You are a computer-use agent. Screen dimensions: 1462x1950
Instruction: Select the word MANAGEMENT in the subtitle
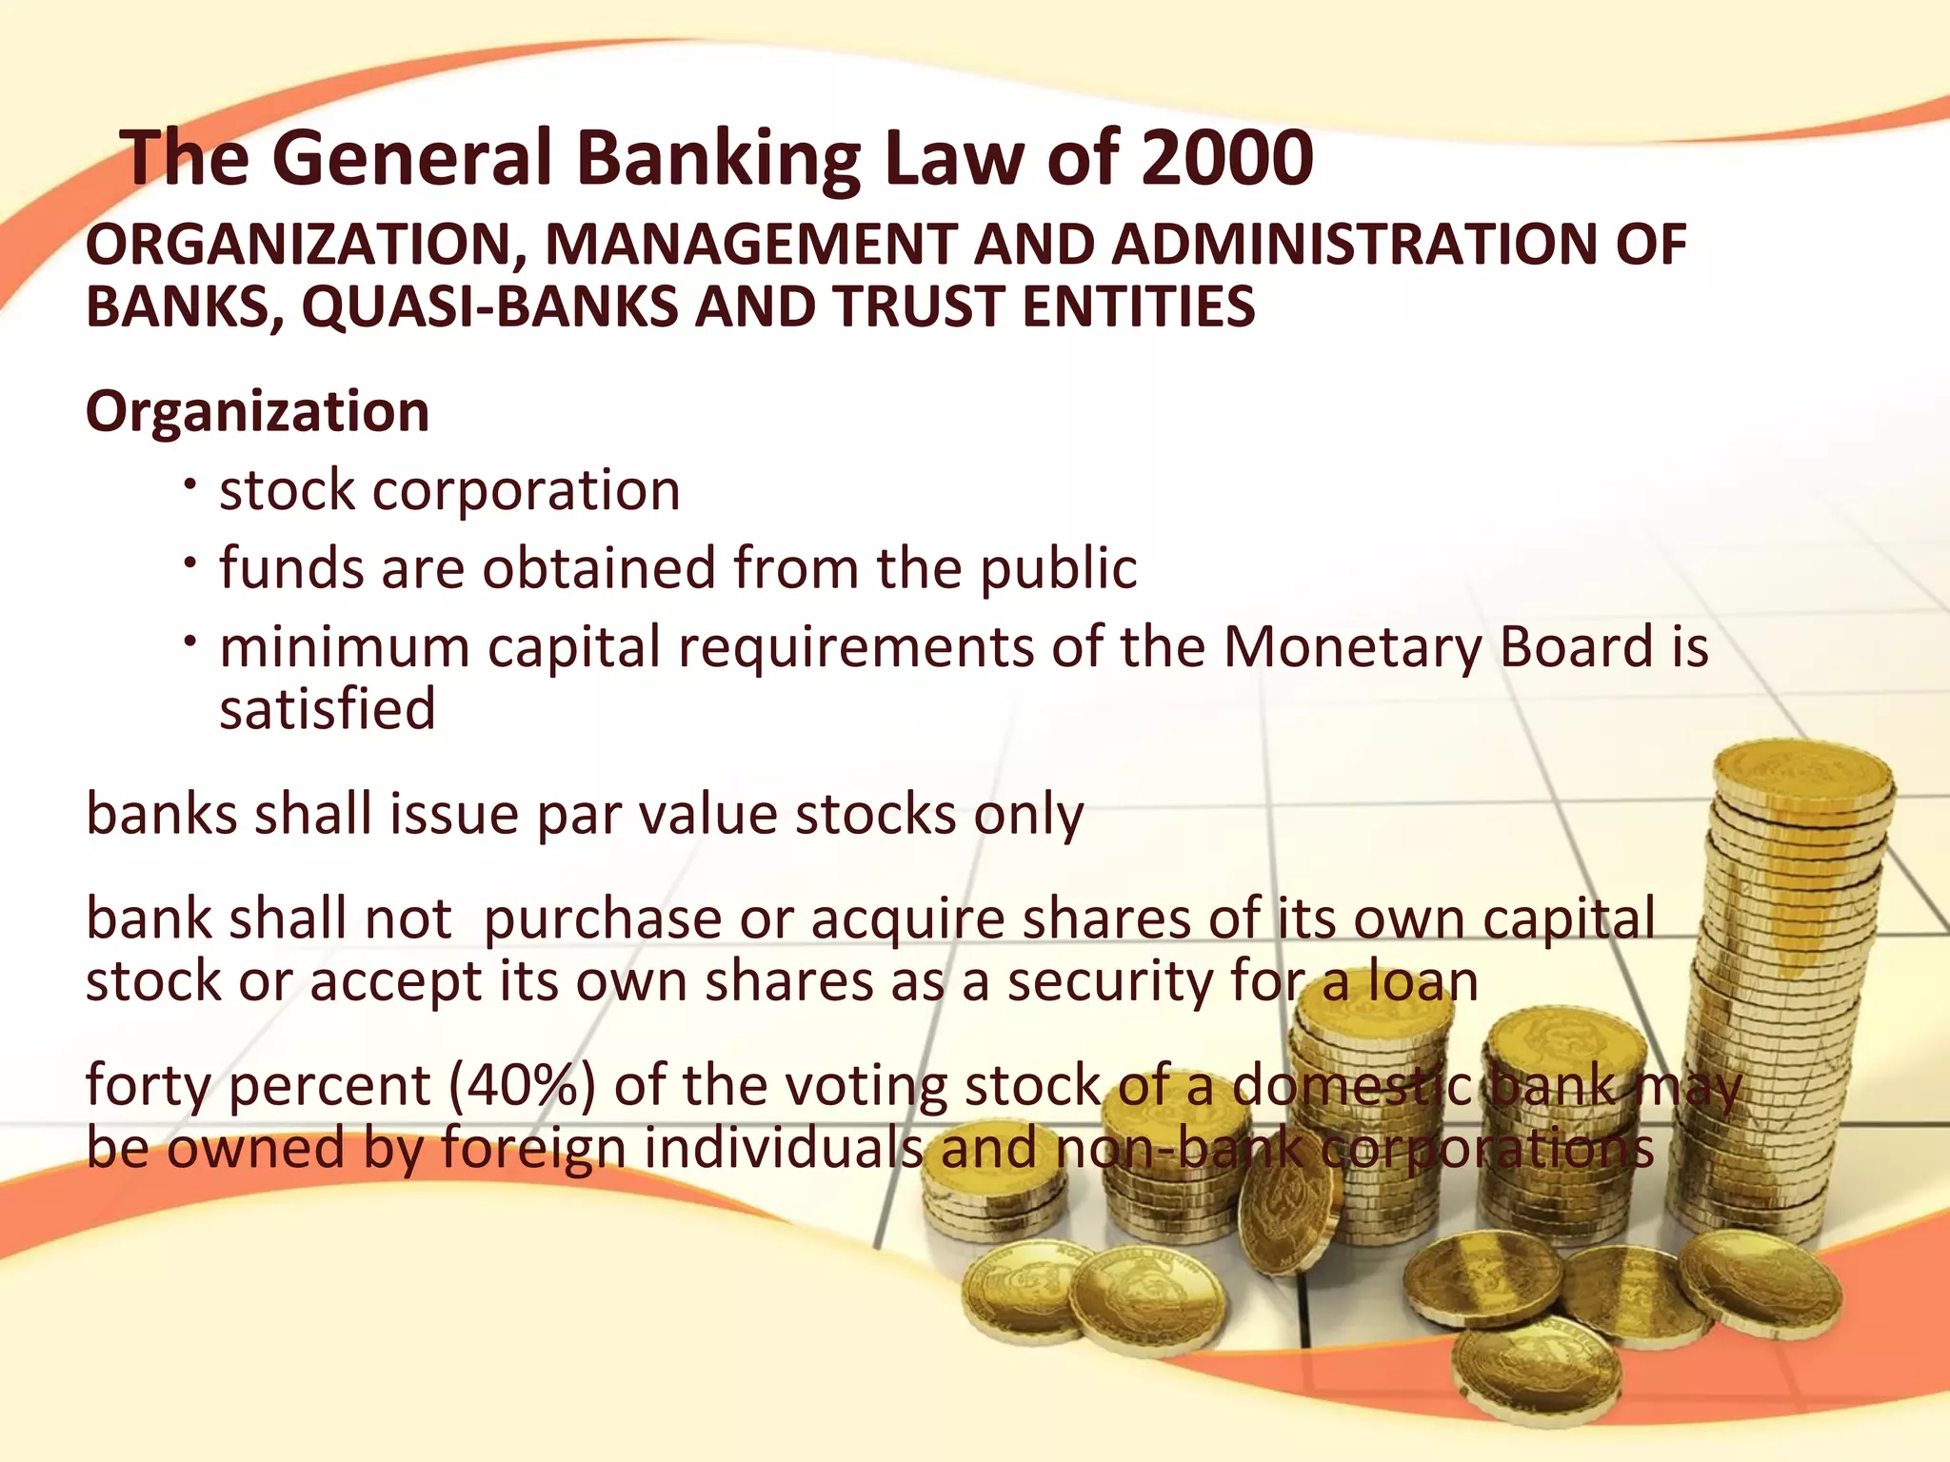pyautogui.click(x=750, y=246)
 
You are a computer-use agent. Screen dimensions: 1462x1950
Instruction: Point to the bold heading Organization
pyautogui.click(x=257, y=411)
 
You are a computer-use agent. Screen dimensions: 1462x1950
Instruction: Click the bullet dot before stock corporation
pyautogui.click(x=190, y=485)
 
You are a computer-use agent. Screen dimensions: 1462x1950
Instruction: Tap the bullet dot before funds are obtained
pyautogui.click(x=190, y=563)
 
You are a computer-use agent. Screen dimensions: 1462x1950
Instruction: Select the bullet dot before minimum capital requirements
pyautogui.click(x=190, y=642)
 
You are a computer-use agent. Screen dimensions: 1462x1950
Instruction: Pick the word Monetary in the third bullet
pyautogui.click(x=1351, y=648)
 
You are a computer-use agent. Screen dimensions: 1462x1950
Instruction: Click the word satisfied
pyautogui.click(x=328, y=710)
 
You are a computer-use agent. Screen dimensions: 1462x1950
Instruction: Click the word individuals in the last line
pyautogui.click(x=783, y=1148)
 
